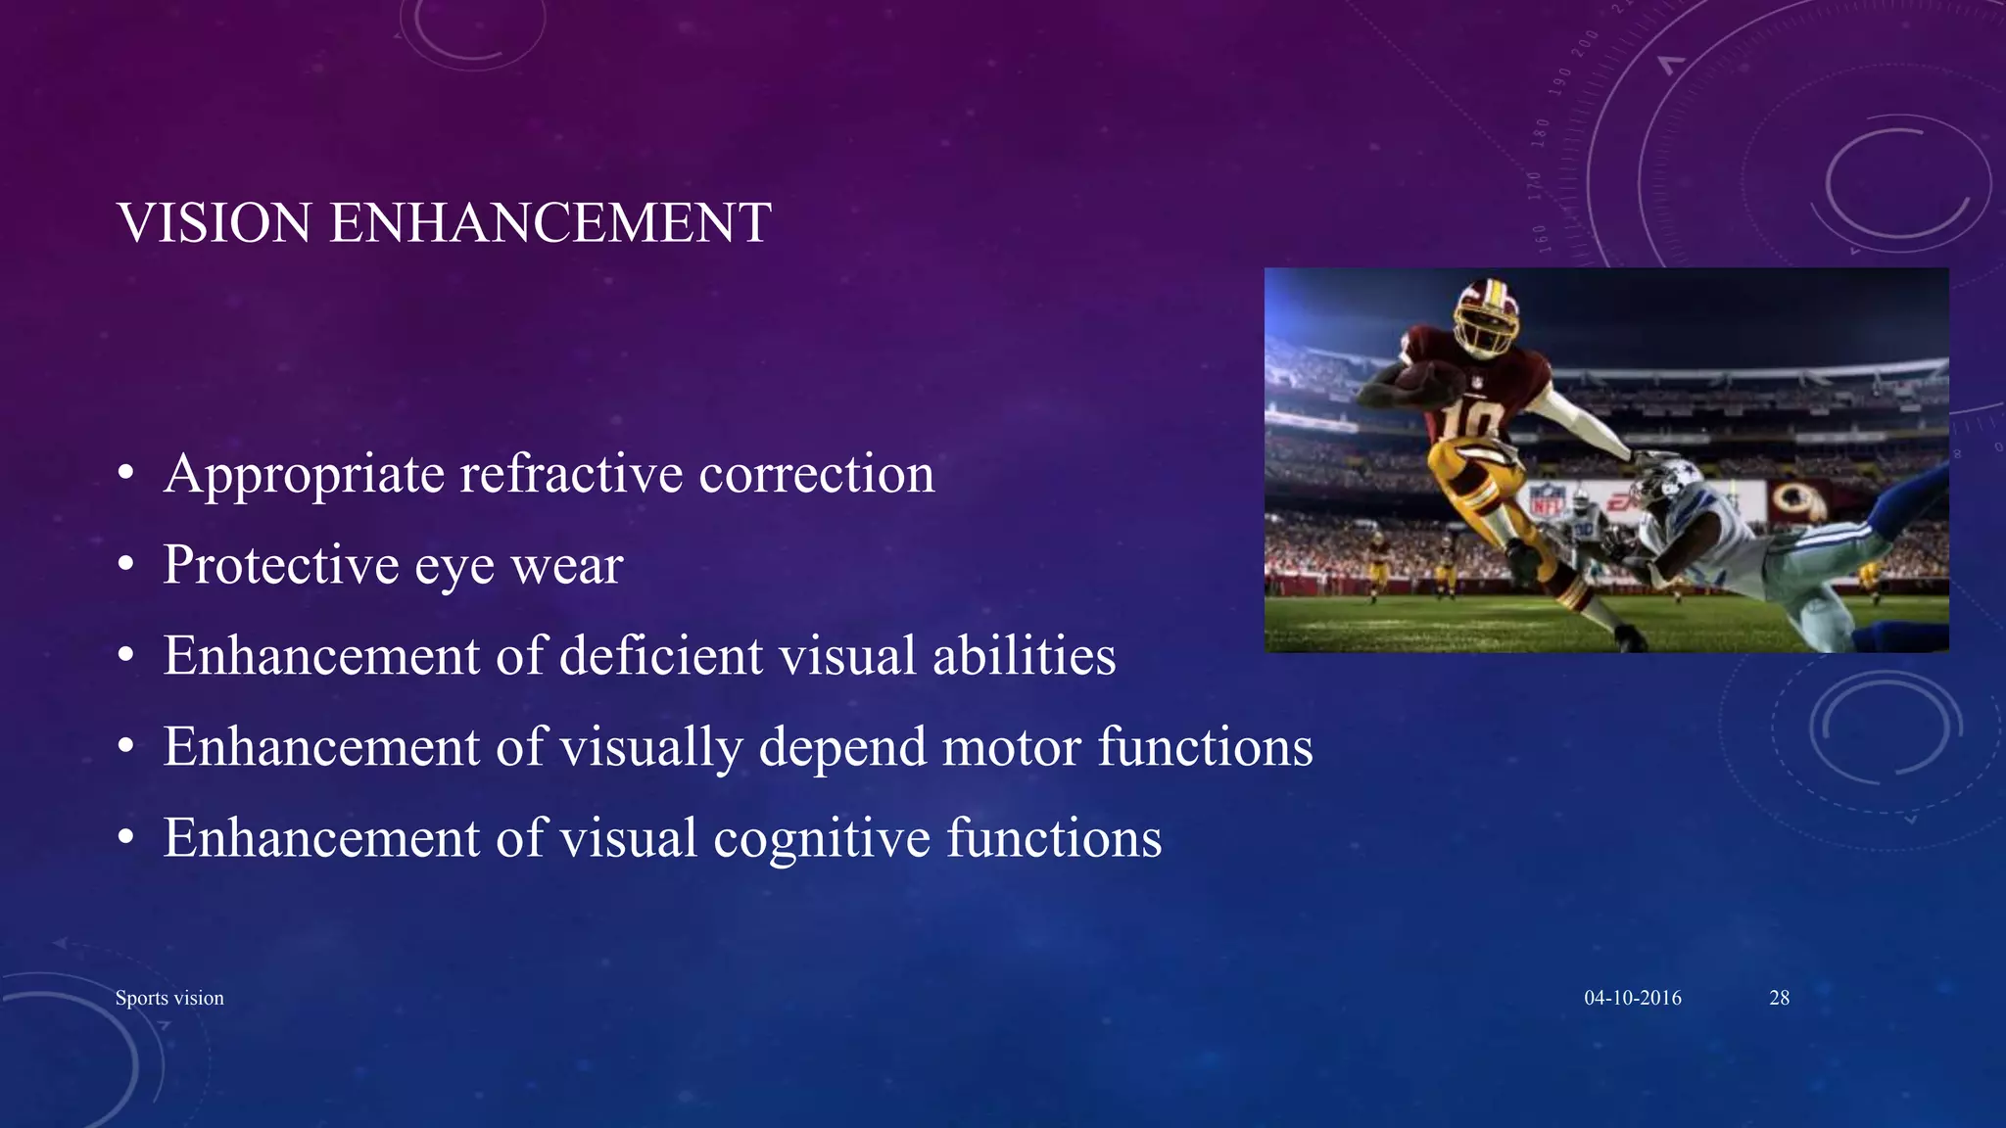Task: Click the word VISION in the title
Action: (x=215, y=223)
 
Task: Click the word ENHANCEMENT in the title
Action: (x=550, y=223)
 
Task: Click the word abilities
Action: (x=1024, y=656)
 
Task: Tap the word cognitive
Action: (x=821, y=839)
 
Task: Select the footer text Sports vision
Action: (x=169, y=998)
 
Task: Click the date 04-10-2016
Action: (x=1633, y=998)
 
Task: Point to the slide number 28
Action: (x=1779, y=998)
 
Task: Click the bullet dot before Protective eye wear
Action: (x=125, y=566)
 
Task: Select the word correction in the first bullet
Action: (x=817, y=475)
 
